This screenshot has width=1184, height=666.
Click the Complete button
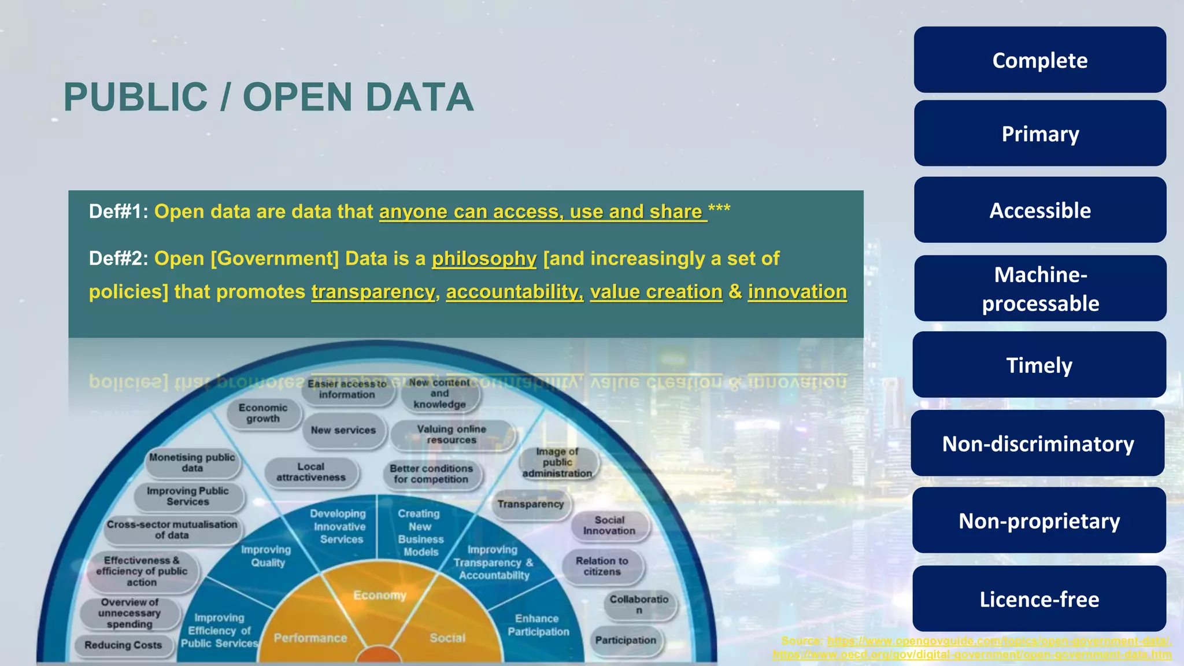(1039, 60)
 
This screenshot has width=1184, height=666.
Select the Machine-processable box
(1039, 288)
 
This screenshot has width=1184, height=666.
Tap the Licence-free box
(1039, 599)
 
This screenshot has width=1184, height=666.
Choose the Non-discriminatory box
(1038, 443)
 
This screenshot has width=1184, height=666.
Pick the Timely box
(1039, 365)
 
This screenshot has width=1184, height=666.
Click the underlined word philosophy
(484, 258)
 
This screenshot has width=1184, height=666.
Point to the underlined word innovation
(797, 291)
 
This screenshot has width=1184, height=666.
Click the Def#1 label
(118, 212)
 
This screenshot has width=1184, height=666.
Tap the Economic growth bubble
(263, 413)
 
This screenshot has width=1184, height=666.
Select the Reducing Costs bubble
(123, 645)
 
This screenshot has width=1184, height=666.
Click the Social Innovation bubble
(609, 525)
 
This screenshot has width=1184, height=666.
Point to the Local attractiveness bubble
(311, 472)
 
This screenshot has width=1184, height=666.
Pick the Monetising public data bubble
(192, 462)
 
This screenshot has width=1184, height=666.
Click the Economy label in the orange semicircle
(380, 595)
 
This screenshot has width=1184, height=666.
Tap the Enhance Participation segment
(538, 625)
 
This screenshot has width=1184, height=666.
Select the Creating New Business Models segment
(420, 532)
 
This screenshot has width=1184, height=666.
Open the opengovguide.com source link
(998, 641)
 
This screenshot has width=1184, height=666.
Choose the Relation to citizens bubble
(602, 566)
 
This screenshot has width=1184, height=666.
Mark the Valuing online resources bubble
(452, 434)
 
